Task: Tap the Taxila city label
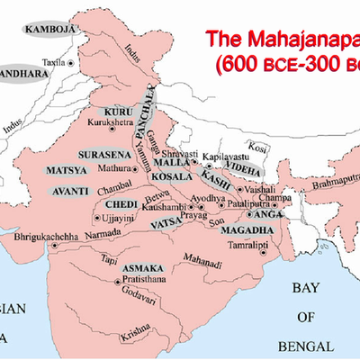click(x=30, y=64)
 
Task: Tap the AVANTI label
click(x=67, y=191)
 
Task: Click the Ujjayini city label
click(x=117, y=218)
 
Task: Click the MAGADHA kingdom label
click(x=239, y=230)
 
